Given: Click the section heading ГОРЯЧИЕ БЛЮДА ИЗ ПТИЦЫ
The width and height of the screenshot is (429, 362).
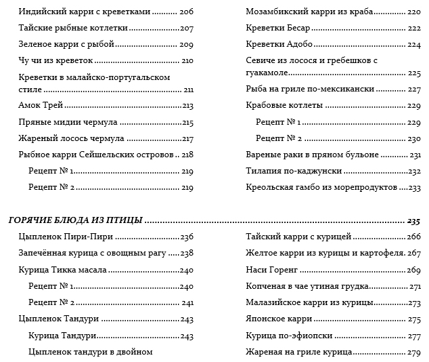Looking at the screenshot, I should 74,220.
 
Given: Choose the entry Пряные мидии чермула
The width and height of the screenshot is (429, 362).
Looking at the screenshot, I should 68,122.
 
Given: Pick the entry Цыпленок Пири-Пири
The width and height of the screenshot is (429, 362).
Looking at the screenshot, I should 66,237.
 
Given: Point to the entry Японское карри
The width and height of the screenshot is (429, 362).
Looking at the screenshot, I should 279,319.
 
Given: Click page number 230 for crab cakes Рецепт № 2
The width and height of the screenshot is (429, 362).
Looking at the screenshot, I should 415,138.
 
